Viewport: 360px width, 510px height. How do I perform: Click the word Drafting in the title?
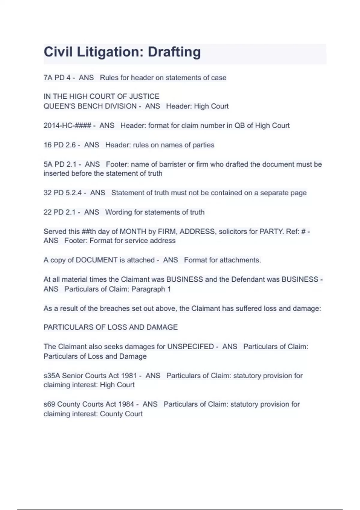click(174, 52)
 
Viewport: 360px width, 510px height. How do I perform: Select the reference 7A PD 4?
click(57, 78)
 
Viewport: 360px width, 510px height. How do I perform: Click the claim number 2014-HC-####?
click(67, 125)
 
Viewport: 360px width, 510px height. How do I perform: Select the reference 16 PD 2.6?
click(60, 145)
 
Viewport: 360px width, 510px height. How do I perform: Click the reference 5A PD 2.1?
click(60, 164)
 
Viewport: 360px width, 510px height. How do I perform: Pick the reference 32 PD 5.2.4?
click(62, 193)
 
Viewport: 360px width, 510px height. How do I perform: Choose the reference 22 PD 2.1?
click(60, 212)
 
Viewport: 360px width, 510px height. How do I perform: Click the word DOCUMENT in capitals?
click(96, 260)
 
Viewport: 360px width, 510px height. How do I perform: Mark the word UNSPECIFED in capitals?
click(190, 347)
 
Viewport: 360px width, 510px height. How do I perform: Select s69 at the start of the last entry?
click(49, 404)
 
